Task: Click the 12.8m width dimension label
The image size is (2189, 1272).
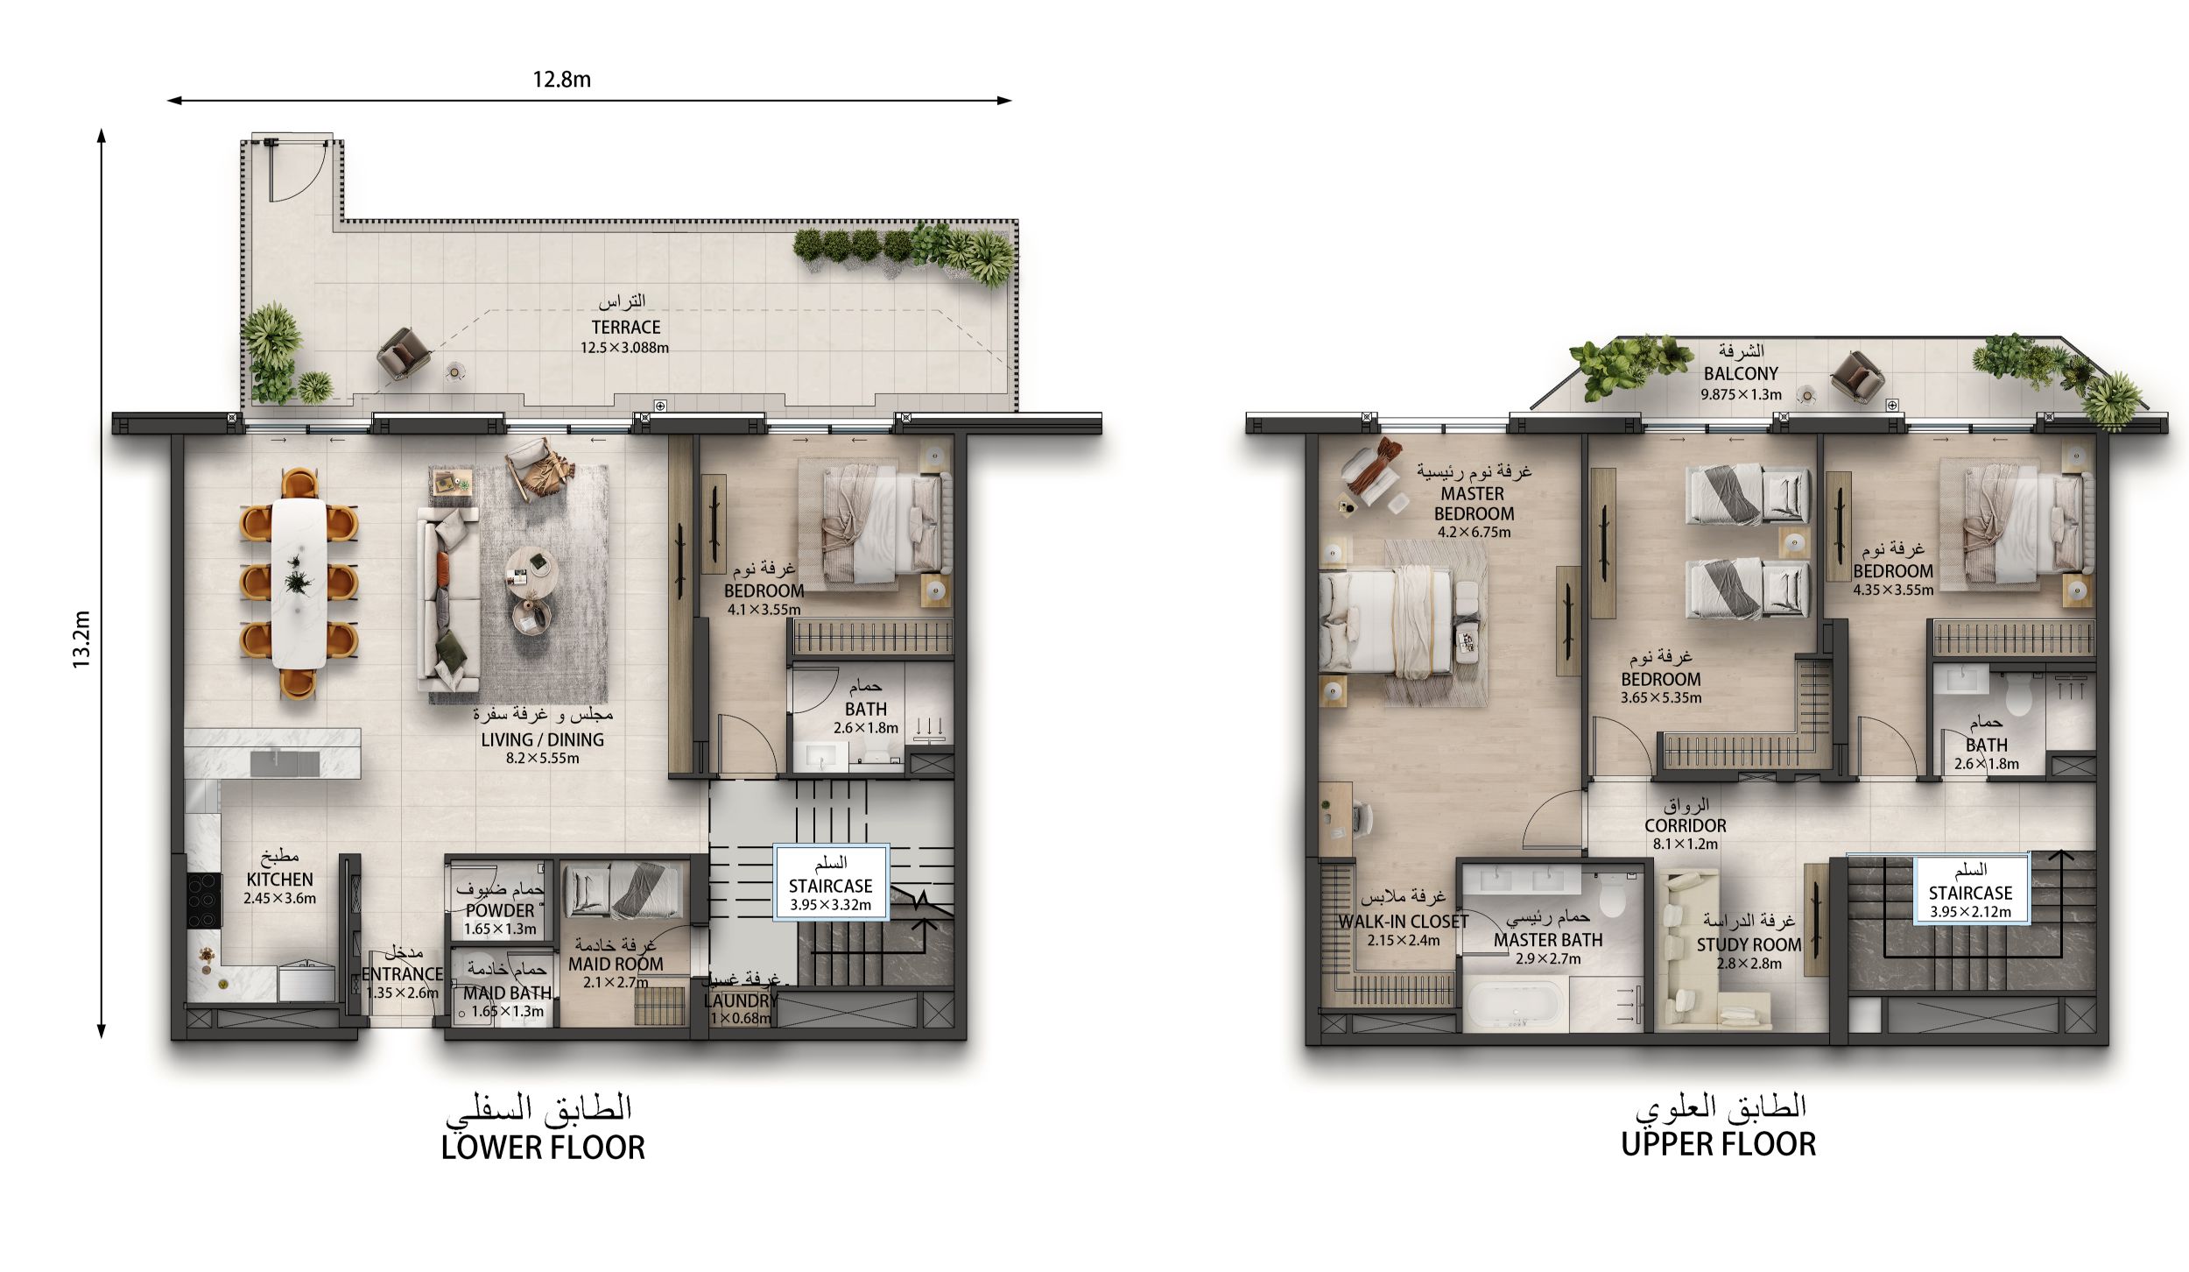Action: pyautogui.click(x=561, y=80)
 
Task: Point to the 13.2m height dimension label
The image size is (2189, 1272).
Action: pyautogui.click(x=81, y=640)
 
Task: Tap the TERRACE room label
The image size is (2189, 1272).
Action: pyautogui.click(x=625, y=327)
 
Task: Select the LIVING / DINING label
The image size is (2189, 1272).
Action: pyautogui.click(x=542, y=739)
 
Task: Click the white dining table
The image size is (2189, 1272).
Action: pyautogui.click(x=298, y=583)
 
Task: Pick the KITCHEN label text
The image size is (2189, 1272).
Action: pyautogui.click(x=279, y=879)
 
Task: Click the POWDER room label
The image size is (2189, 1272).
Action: pyautogui.click(x=500, y=910)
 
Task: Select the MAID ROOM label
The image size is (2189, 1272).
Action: pyautogui.click(x=616, y=964)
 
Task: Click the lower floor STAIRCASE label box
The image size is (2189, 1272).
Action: pyautogui.click(x=831, y=882)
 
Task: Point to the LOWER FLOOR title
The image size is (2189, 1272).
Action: pyautogui.click(x=543, y=1147)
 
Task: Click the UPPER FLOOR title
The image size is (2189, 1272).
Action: pyautogui.click(x=1718, y=1144)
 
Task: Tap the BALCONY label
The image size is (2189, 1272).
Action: pyautogui.click(x=1741, y=373)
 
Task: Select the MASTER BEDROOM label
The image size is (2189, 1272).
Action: pyautogui.click(x=1474, y=504)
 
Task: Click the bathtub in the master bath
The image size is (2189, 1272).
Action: pyautogui.click(x=1517, y=1004)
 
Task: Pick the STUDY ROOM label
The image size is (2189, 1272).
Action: pyautogui.click(x=1749, y=944)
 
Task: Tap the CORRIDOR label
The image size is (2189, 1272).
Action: pyautogui.click(x=1685, y=825)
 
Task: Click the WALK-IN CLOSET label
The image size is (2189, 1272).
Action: pyautogui.click(x=1403, y=922)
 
